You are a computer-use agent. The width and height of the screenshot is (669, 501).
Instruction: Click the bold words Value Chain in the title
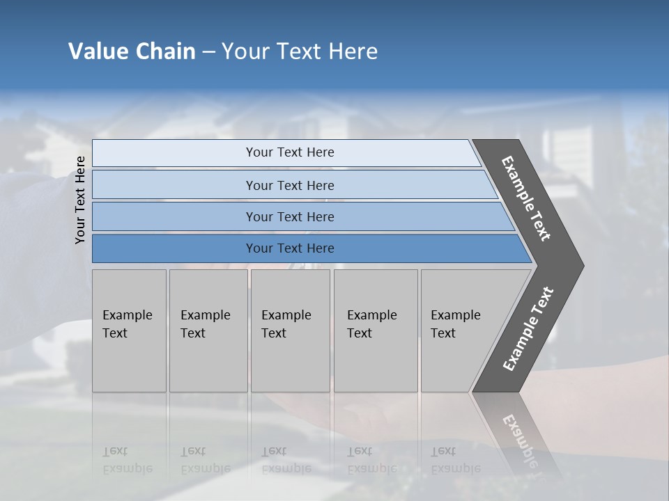pyautogui.click(x=132, y=51)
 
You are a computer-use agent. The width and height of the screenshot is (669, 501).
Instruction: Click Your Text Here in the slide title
pyautogui.click(x=300, y=51)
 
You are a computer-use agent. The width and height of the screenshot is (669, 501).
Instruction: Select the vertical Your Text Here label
pyautogui.click(x=80, y=200)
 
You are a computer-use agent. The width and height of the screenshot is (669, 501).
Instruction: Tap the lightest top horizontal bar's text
pyautogui.click(x=290, y=152)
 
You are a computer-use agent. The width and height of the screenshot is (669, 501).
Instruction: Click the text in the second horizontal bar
pyautogui.click(x=290, y=186)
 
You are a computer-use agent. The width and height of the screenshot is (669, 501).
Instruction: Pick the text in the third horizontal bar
pyautogui.click(x=290, y=217)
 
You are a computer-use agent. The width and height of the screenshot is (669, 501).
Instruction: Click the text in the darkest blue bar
pyautogui.click(x=290, y=248)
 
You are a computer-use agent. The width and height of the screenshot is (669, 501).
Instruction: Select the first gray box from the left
pyautogui.click(x=129, y=331)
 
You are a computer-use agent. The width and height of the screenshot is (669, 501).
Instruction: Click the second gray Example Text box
pyautogui.click(x=208, y=331)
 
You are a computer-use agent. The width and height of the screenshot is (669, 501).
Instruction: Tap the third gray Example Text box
pyautogui.click(x=290, y=331)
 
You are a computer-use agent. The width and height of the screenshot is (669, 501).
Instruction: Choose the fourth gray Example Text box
pyautogui.click(x=375, y=331)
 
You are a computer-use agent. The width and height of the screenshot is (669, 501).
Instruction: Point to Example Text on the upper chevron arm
pyautogui.click(x=526, y=198)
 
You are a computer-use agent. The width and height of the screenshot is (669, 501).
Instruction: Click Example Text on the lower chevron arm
pyautogui.click(x=528, y=329)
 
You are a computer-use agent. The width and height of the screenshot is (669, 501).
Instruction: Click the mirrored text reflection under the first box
pyautogui.click(x=127, y=460)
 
